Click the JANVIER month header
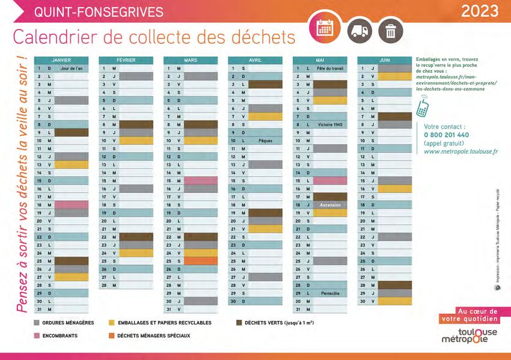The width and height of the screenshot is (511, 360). coord(61,60)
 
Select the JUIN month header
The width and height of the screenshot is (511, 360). coord(384,60)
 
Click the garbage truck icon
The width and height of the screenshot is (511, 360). coord(360,29)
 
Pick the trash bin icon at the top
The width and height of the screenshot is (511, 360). coord(391,29)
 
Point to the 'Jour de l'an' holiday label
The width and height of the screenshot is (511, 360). coord(72,69)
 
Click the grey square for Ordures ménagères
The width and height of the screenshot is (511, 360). coord(37,323)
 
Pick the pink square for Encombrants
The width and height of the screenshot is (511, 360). coord(37,335)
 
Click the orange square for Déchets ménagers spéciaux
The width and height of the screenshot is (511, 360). coord(111,335)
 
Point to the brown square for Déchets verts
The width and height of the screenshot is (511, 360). coord(239,323)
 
